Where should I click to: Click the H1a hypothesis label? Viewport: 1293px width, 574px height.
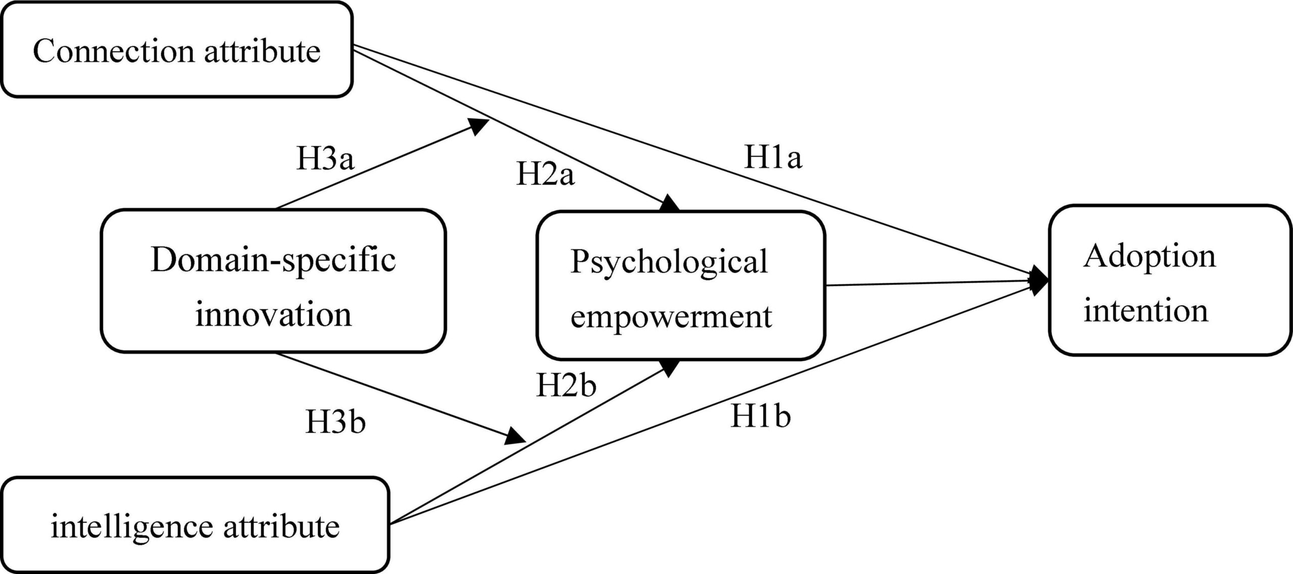(x=773, y=158)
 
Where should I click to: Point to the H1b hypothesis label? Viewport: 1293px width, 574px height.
(x=760, y=417)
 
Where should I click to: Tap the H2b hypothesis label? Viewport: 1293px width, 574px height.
(x=566, y=386)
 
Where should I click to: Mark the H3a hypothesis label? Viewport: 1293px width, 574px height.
(x=325, y=159)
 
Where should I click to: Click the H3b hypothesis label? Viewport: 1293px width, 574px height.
(x=335, y=423)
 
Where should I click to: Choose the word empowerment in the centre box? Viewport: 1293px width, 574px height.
(x=671, y=317)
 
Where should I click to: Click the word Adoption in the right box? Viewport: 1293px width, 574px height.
(x=1149, y=257)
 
